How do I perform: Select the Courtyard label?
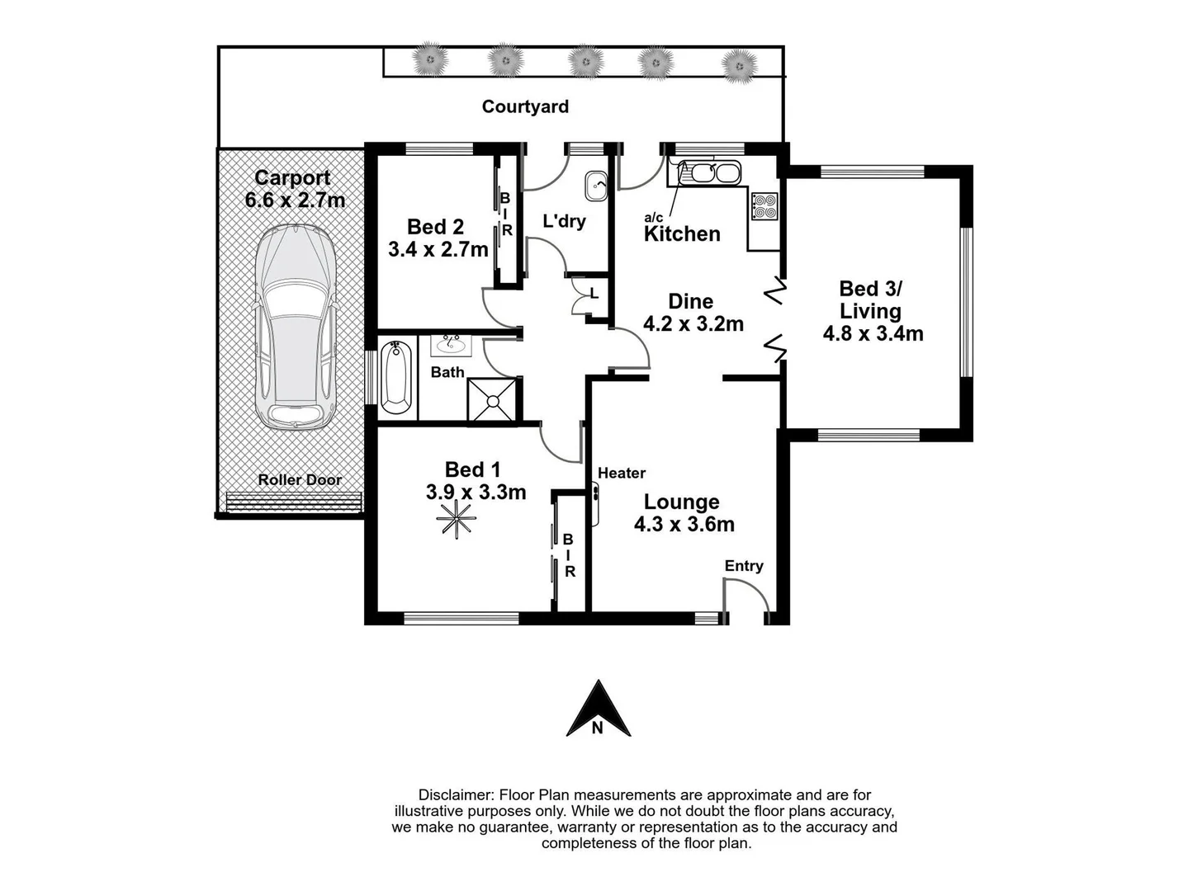tap(525, 106)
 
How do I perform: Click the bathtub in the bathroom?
tap(396, 377)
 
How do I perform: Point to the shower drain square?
tap(493, 401)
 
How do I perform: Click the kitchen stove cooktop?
tap(764, 206)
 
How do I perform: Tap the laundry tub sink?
tap(595, 186)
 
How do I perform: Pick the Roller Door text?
tap(299, 479)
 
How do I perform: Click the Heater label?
tap(621, 473)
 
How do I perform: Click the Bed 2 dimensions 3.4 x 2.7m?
tap(438, 249)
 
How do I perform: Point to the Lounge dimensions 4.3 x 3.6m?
tap(684, 524)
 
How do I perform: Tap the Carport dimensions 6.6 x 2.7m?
tap(295, 200)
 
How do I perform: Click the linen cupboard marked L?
tap(593, 294)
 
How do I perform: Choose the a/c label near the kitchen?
tap(653, 218)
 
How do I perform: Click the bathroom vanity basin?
tap(451, 343)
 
